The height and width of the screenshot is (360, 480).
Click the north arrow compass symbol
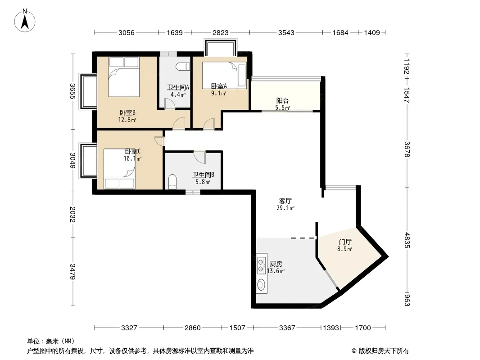click(x=25, y=21)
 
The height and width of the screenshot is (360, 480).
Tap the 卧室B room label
click(x=127, y=113)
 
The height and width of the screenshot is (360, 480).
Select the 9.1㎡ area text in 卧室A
click(x=218, y=93)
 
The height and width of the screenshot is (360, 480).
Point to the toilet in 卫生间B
click(x=172, y=182)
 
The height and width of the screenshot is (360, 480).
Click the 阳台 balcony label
click(x=282, y=101)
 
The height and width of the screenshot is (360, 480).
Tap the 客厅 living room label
click(x=285, y=201)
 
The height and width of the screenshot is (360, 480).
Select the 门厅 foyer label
click(x=345, y=242)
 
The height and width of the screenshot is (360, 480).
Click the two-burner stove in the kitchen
click(x=261, y=265)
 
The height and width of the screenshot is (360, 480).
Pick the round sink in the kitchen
click(x=261, y=285)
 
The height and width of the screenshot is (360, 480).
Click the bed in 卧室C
click(x=119, y=169)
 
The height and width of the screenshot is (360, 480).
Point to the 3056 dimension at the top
click(x=127, y=32)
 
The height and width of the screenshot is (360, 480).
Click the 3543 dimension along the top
click(x=286, y=32)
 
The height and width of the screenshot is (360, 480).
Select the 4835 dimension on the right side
click(x=407, y=240)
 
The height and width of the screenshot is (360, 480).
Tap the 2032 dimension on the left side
click(x=72, y=214)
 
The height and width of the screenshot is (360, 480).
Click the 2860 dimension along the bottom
click(x=193, y=328)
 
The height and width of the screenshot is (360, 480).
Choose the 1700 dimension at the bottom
click(x=363, y=328)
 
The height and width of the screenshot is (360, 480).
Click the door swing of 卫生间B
click(x=199, y=157)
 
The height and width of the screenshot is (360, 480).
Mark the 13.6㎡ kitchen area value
click(x=276, y=271)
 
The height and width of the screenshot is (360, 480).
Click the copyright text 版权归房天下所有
click(x=384, y=351)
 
